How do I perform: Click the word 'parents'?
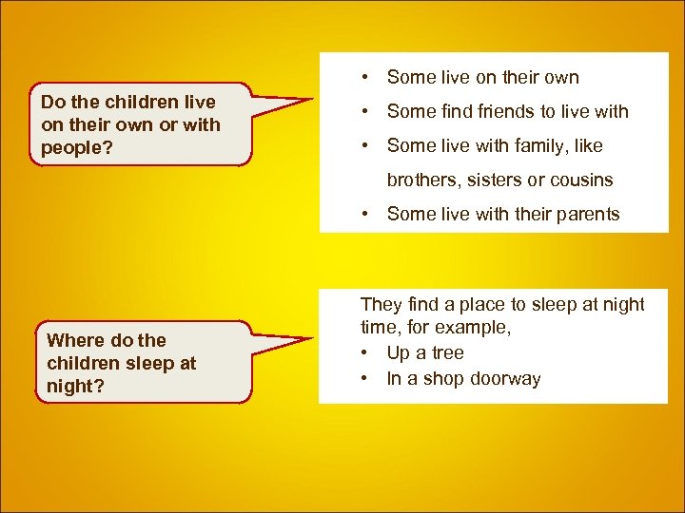point(583,214)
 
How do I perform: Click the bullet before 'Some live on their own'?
point(365,77)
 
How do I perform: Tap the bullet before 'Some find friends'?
point(365,111)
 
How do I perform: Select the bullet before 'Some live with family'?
point(365,145)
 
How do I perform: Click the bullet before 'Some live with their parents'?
point(365,214)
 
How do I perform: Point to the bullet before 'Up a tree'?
point(365,352)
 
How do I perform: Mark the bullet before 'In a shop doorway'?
point(365,379)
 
